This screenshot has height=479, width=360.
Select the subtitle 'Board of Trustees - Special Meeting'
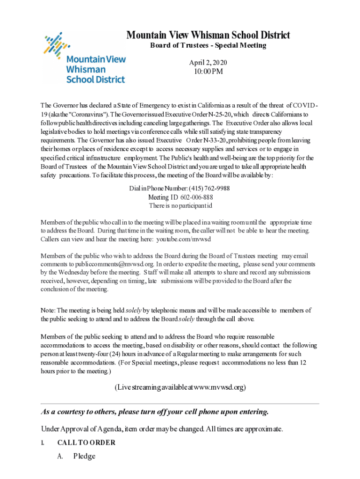tap(208, 45)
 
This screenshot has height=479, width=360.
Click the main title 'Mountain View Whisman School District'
tap(208, 35)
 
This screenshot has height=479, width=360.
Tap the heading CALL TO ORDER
tap(86, 443)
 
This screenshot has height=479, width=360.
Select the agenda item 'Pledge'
tap(84, 456)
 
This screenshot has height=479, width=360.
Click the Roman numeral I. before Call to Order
tap(42, 443)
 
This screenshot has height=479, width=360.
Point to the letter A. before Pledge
tap(60, 456)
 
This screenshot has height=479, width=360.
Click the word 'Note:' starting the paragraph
tap(48, 310)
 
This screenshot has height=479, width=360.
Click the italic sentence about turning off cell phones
tap(155, 412)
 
